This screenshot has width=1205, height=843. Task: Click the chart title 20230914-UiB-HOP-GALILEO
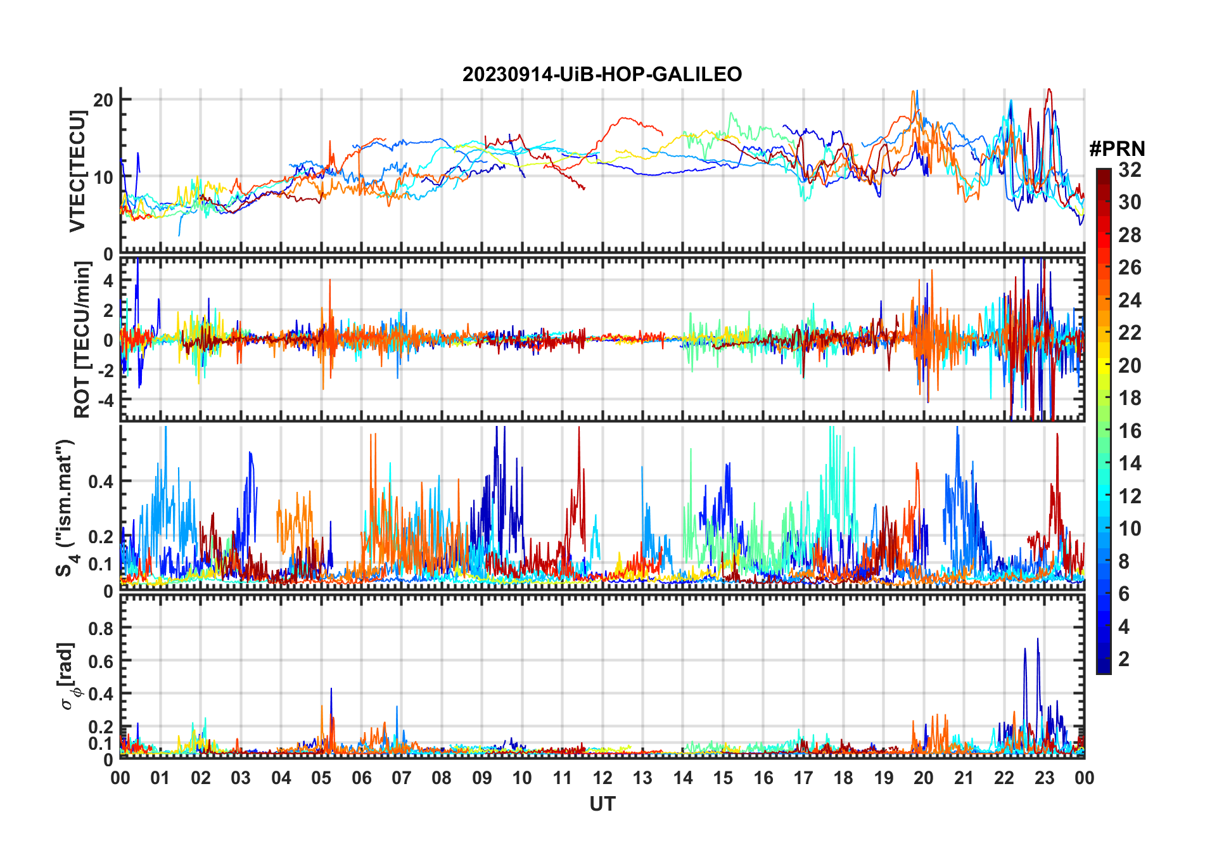pos(602,74)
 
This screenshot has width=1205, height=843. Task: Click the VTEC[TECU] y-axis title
pos(78,171)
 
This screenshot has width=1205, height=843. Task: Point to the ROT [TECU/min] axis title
pos(82,340)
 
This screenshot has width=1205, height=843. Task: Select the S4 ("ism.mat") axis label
pos(66,508)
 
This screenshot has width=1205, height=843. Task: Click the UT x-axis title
pos(602,804)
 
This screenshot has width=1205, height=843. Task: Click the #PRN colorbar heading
pos(1117,149)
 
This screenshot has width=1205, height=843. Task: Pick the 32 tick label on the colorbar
pos(1130,169)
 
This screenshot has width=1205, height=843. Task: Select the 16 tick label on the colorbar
pos(1130,431)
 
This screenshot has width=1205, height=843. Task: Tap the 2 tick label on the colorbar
pos(1124,659)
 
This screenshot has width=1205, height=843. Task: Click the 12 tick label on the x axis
pos(602,778)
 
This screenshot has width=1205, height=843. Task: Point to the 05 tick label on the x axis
pos(321,778)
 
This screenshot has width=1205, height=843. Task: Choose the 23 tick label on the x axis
pos(1044,778)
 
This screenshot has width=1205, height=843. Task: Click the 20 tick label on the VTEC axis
pos(103,100)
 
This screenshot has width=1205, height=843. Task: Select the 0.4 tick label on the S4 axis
pos(101,481)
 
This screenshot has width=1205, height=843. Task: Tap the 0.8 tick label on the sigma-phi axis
pos(101,628)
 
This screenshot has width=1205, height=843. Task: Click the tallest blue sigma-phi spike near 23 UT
pos(1038,639)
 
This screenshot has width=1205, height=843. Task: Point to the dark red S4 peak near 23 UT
pos(1057,435)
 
